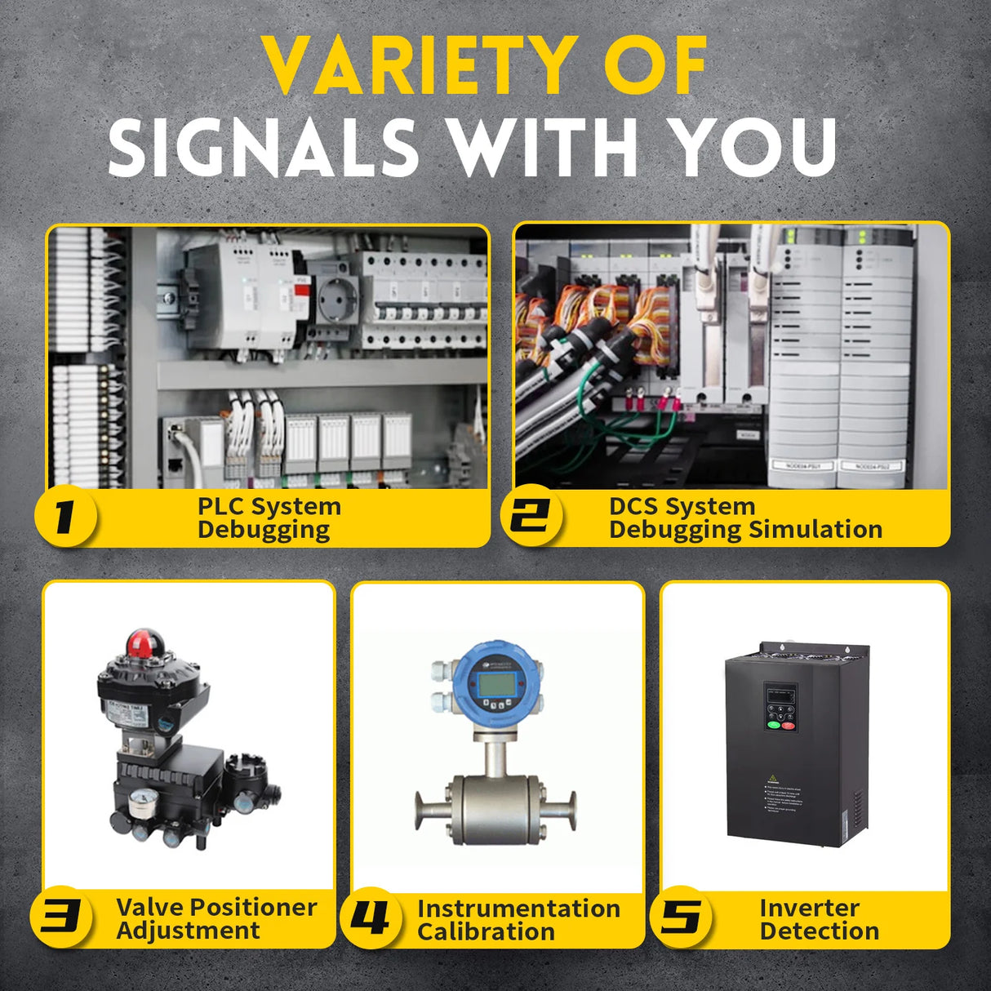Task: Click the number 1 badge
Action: [x=65, y=517]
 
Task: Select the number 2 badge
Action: [x=531, y=517]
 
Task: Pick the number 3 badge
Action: [x=60, y=917]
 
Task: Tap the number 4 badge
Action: [x=370, y=918]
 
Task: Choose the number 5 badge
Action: [x=681, y=918]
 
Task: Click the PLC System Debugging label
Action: [x=269, y=518]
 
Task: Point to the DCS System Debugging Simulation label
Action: [x=744, y=518]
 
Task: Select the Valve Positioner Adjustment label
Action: [x=216, y=918]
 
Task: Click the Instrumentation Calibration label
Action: [x=518, y=919]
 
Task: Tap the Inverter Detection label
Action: [x=819, y=919]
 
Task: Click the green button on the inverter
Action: [x=772, y=724]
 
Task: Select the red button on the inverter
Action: [x=789, y=724]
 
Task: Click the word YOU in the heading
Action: [x=753, y=147]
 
